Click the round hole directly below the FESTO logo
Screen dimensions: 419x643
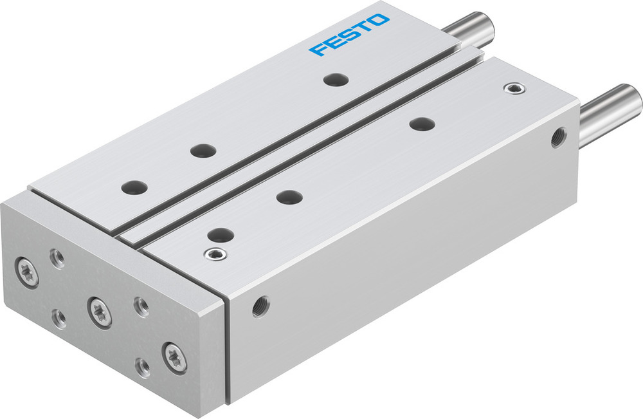[336, 80]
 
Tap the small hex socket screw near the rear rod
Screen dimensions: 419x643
[512, 88]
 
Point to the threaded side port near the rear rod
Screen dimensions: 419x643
[556, 137]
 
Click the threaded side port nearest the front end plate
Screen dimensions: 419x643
[260, 306]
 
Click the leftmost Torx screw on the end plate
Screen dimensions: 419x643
[28, 270]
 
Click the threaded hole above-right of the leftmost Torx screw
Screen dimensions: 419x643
[57, 258]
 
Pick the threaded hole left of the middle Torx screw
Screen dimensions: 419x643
[60, 317]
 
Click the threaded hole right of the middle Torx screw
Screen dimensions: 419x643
[140, 306]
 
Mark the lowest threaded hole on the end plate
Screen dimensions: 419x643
[143, 368]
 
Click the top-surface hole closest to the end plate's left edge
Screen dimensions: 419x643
[134, 187]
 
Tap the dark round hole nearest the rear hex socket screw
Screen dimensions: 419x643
[421, 124]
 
